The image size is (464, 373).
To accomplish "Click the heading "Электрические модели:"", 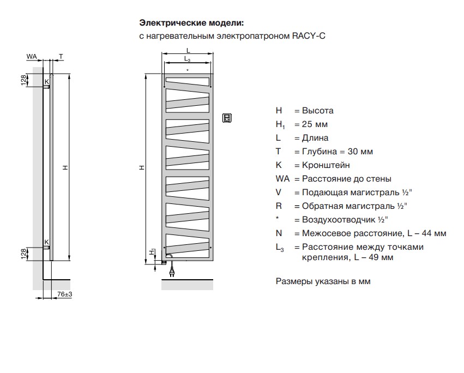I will pyautogui.click(x=191, y=23).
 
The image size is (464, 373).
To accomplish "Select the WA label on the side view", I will pyautogui.click(x=32, y=56).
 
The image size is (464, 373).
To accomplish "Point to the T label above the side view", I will pyautogui.click(x=61, y=56).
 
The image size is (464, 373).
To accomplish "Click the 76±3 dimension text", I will pyautogui.click(x=65, y=294).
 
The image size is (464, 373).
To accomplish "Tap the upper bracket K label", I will pyautogui.click(x=46, y=81).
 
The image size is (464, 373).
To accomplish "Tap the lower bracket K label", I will pyautogui.click(x=46, y=242).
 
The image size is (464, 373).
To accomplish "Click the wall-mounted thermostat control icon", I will pyautogui.click(x=227, y=117).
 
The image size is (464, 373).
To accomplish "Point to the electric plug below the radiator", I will pyautogui.click(x=173, y=269).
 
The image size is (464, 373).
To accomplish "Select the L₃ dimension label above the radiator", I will pyautogui.click(x=187, y=58).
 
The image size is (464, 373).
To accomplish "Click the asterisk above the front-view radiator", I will pyautogui.click(x=187, y=70).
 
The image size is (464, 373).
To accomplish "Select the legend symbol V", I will pyautogui.click(x=279, y=192).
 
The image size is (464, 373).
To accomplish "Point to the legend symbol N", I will pyautogui.click(x=279, y=233).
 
